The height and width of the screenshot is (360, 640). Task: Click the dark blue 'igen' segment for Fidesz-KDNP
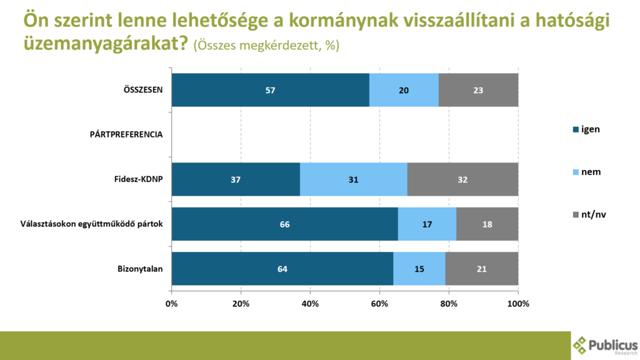[x=236, y=179]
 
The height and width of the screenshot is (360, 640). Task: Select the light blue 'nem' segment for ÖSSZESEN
[x=404, y=90]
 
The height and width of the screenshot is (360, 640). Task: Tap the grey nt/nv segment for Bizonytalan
[x=482, y=269]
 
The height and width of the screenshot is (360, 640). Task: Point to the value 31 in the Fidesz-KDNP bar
[x=353, y=179]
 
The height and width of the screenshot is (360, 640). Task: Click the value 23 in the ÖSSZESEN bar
[x=479, y=90]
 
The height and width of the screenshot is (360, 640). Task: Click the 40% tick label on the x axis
[x=310, y=304]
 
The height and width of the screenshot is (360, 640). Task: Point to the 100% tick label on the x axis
[x=518, y=304]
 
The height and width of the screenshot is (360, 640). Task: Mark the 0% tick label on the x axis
[x=172, y=304]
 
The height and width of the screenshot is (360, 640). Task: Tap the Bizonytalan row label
[x=140, y=269]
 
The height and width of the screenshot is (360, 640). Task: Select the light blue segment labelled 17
[x=427, y=224]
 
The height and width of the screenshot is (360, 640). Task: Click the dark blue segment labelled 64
[x=282, y=269]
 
